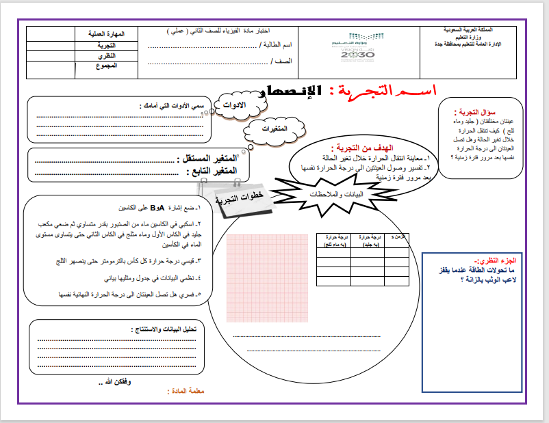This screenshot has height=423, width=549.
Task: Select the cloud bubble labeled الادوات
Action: tap(235, 106)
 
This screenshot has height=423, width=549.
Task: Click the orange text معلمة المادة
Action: tap(186, 392)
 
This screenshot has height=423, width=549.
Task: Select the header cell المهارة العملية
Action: tap(105, 33)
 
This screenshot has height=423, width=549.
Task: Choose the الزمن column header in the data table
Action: tap(396, 236)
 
